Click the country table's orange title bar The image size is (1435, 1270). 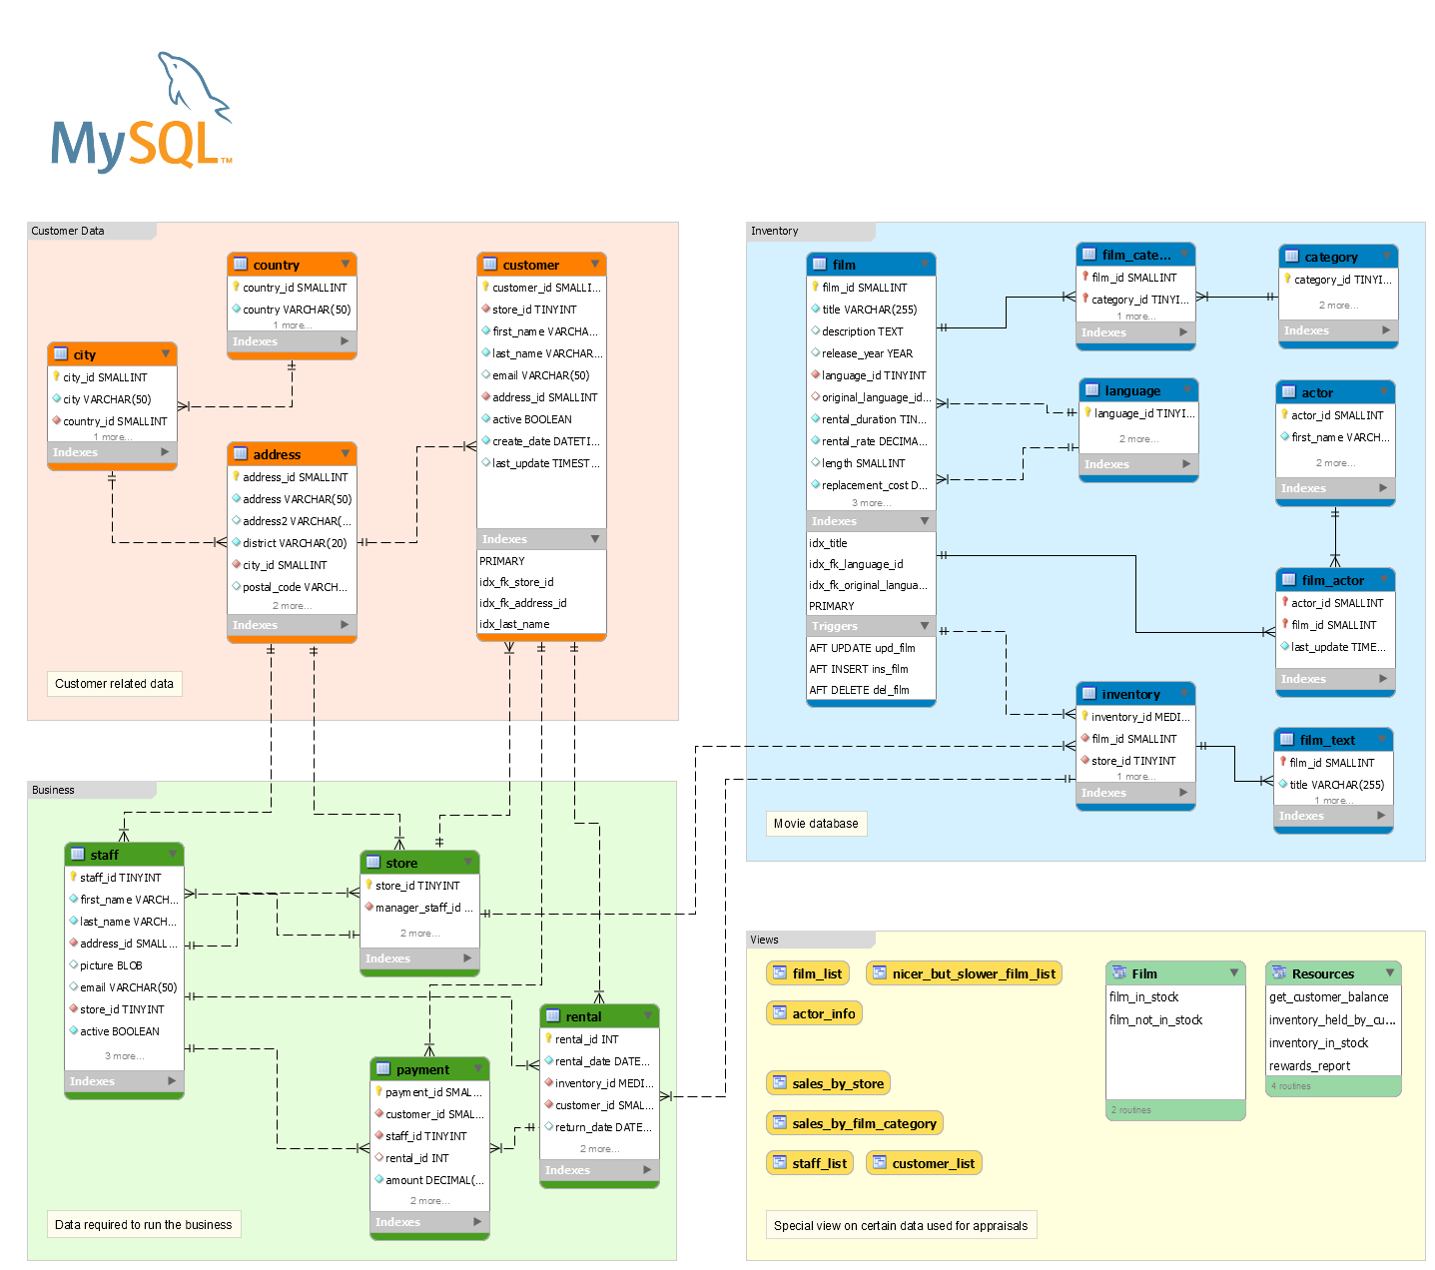pyautogui.click(x=291, y=265)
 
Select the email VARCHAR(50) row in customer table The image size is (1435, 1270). pyautogui.click(x=540, y=375)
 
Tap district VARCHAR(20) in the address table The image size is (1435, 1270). pyautogui.click(x=294, y=543)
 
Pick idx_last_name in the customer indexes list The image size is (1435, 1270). pyautogui.click(x=514, y=624)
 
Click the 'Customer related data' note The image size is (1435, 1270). pyautogui.click(x=114, y=684)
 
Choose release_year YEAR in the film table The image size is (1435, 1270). pyautogui.click(x=867, y=353)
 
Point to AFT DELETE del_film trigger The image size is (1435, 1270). pyautogui.click(x=859, y=690)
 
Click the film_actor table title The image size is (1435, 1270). pyautogui.click(x=1332, y=580)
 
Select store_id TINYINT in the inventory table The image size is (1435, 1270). pyautogui.click(x=1132, y=761)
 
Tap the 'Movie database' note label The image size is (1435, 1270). pyautogui.click(x=815, y=824)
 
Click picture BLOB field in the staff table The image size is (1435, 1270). pyautogui.click(x=111, y=965)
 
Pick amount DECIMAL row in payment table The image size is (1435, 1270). pyautogui.click(x=433, y=1180)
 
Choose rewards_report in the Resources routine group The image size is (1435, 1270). pyautogui.click(x=1309, y=1066)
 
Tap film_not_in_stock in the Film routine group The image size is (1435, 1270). pyautogui.click(x=1155, y=1020)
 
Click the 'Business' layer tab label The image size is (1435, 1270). pyautogui.click(x=53, y=790)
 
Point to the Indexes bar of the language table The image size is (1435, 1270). pyautogui.click(x=1137, y=464)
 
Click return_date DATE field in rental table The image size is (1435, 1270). pyautogui.click(x=602, y=1127)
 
